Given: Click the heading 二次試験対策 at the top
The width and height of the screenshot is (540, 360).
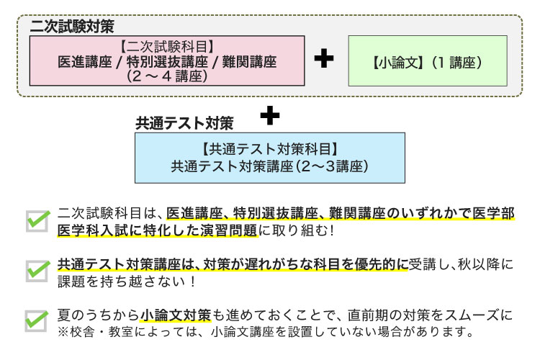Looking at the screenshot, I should click(x=72, y=26).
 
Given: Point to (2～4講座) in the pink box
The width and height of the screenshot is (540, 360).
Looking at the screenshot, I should click(x=167, y=76).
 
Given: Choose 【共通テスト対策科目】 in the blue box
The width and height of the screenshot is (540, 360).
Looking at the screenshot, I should click(x=269, y=149).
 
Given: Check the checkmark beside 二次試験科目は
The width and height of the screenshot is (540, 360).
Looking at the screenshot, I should click(x=37, y=220).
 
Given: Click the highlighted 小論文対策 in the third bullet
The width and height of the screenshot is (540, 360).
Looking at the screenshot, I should click(x=176, y=315).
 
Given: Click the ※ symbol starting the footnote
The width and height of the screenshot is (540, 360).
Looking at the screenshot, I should click(x=62, y=333).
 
